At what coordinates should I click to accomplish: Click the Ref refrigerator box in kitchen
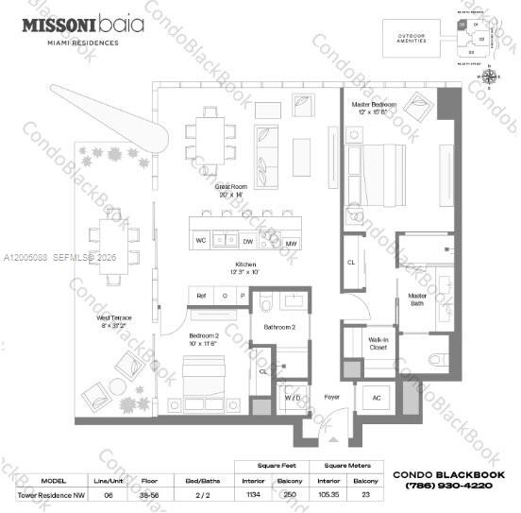(201, 296)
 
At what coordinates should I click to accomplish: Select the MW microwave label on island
(291, 243)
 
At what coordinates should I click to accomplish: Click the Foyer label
(330, 398)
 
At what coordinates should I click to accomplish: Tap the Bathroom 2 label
(279, 327)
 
